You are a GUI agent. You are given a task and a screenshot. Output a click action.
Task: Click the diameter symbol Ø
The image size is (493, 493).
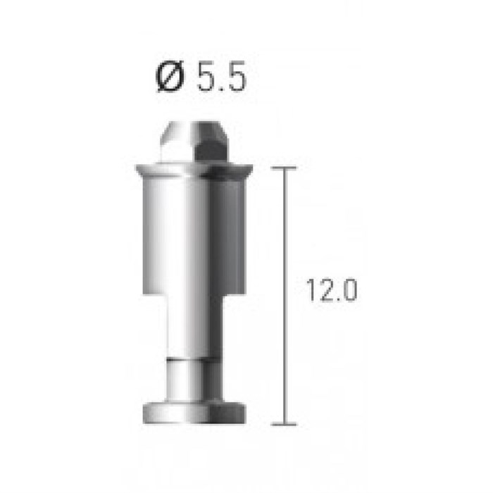coord(170,76)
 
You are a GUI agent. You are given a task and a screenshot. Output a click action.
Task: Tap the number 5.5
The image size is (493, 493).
coord(221,76)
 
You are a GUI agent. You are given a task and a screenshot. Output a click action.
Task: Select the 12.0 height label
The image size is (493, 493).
coord(332,290)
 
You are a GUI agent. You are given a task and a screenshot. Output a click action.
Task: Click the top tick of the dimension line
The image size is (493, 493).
coord(284,168)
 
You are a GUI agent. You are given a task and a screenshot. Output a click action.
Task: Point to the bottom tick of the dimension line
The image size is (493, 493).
coord(284,425)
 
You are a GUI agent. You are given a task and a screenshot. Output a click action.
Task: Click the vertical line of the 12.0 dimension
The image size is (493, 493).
coord(285,297)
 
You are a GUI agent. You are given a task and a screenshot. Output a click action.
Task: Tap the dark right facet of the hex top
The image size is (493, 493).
coord(211,142)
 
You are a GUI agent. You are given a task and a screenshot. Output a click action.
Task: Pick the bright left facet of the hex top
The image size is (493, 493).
coord(176,142)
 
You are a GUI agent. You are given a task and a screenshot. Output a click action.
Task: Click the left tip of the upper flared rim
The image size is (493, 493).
coord(137,166)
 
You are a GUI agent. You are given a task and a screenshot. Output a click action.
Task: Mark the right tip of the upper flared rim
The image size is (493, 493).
coord(252,166)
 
